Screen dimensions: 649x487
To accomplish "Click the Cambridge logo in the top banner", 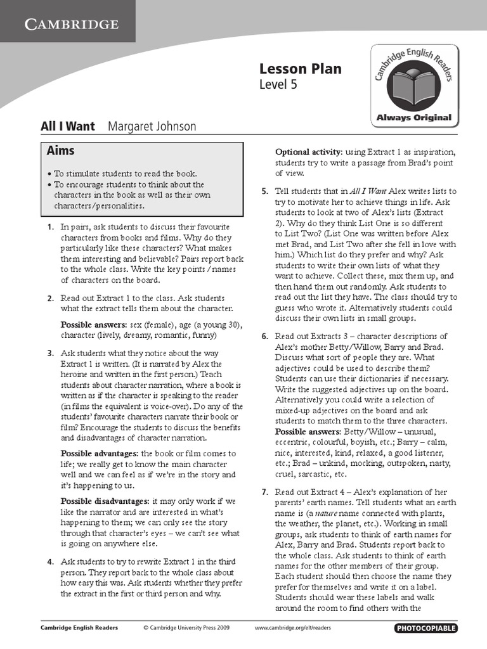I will point(71,25).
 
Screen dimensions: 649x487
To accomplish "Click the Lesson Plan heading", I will point(300,69).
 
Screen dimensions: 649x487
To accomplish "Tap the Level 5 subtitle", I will point(278,84).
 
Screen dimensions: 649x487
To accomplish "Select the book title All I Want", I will point(68,126).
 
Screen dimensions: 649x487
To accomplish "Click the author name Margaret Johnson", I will point(152,126).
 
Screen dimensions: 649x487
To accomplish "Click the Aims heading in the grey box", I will point(61,151).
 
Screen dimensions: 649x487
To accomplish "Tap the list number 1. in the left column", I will point(50,227).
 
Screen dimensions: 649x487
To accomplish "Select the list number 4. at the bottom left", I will point(50,562).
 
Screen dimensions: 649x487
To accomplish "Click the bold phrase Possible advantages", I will point(98,454).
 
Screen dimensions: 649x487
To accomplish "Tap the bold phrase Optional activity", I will point(308,151).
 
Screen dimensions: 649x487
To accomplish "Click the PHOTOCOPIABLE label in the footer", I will point(425,628).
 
